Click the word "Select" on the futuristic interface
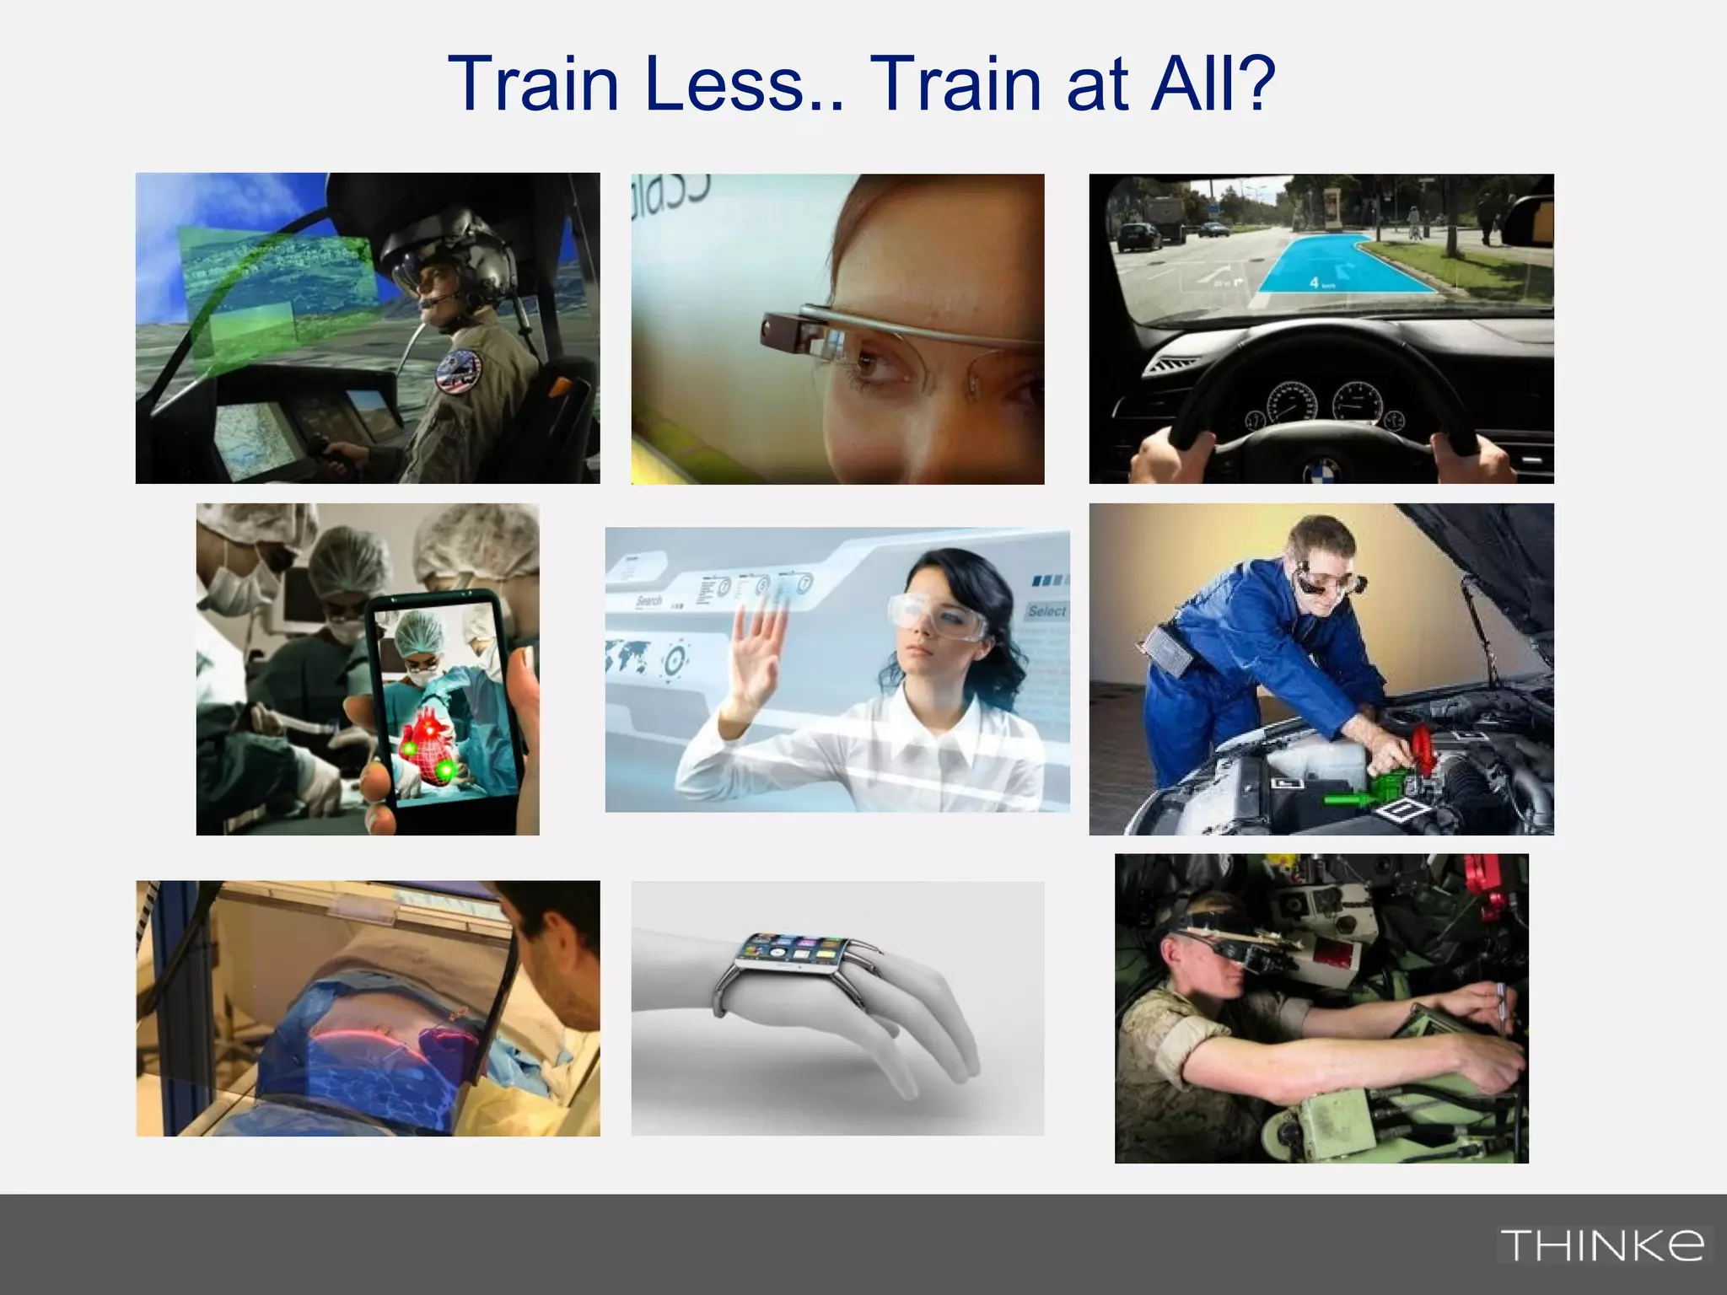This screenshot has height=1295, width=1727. (x=1046, y=610)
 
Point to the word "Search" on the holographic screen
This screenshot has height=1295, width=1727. (x=649, y=601)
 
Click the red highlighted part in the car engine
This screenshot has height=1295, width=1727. (x=1421, y=746)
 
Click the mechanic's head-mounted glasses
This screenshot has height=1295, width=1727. (x=1324, y=582)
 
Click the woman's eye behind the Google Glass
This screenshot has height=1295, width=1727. (x=869, y=364)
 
